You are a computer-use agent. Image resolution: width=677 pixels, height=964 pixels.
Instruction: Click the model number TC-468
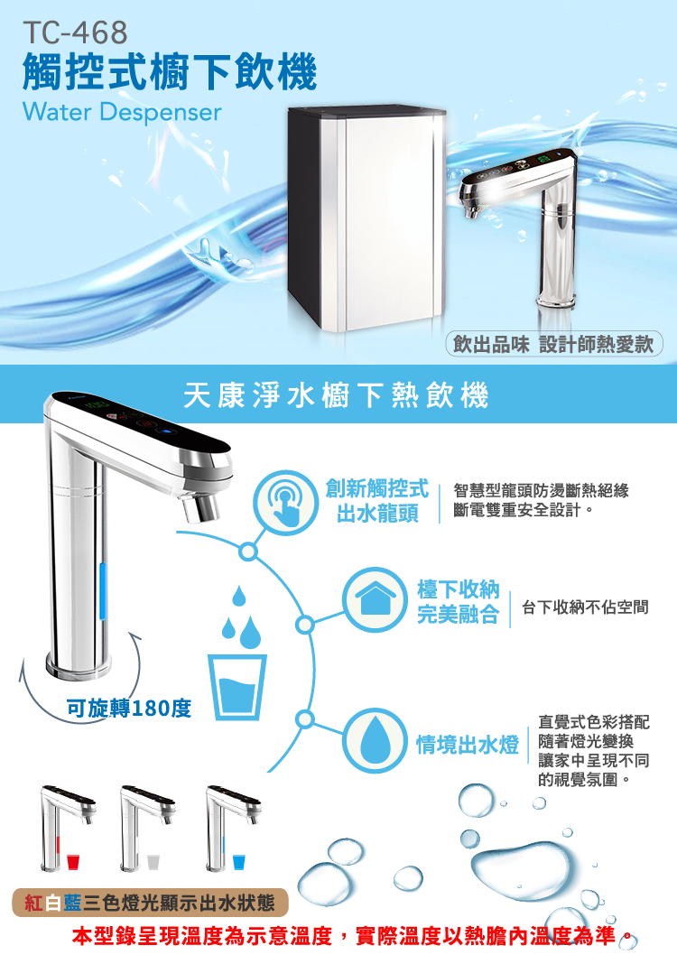pyautogui.click(x=75, y=33)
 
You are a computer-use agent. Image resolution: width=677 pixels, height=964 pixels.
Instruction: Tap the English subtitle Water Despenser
pyautogui.click(x=122, y=112)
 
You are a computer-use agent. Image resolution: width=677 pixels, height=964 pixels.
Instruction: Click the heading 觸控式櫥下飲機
pyautogui.click(x=170, y=72)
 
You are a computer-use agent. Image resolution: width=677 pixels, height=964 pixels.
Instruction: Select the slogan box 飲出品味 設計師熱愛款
pyautogui.click(x=553, y=344)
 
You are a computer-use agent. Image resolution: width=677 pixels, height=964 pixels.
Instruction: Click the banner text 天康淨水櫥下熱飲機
pyautogui.click(x=337, y=394)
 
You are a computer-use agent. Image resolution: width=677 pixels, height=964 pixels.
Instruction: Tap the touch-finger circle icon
pyautogui.click(x=285, y=502)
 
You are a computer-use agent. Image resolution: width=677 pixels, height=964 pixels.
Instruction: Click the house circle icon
pyautogui.click(x=376, y=599)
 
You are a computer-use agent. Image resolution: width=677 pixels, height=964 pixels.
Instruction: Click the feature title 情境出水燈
pyautogui.click(x=468, y=745)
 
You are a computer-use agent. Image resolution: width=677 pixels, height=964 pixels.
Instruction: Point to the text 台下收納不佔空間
pyautogui.click(x=586, y=607)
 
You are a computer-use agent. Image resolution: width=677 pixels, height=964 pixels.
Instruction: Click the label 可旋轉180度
pyautogui.click(x=129, y=709)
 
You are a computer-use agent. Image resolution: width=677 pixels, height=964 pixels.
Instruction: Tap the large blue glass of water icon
pyautogui.click(x=236, y=687)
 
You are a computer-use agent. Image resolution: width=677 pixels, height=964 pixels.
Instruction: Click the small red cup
pyautogui.click(x=73, y=862)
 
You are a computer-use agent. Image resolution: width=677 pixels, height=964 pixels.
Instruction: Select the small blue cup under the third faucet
pyautogui.click(x=239, y=862)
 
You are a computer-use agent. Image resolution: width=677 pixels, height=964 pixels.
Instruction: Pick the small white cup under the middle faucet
pyautogui.click(x=153, y=862)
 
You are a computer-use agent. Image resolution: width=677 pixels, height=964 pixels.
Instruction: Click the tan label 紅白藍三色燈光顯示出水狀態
pyautogui.click(x=150, y=903)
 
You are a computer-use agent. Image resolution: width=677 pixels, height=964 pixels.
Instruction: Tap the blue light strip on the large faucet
pyautogui.click(x=103, y=591)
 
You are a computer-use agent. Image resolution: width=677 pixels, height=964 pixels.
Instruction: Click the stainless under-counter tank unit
pyautogui.click(x=366, y=218)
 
